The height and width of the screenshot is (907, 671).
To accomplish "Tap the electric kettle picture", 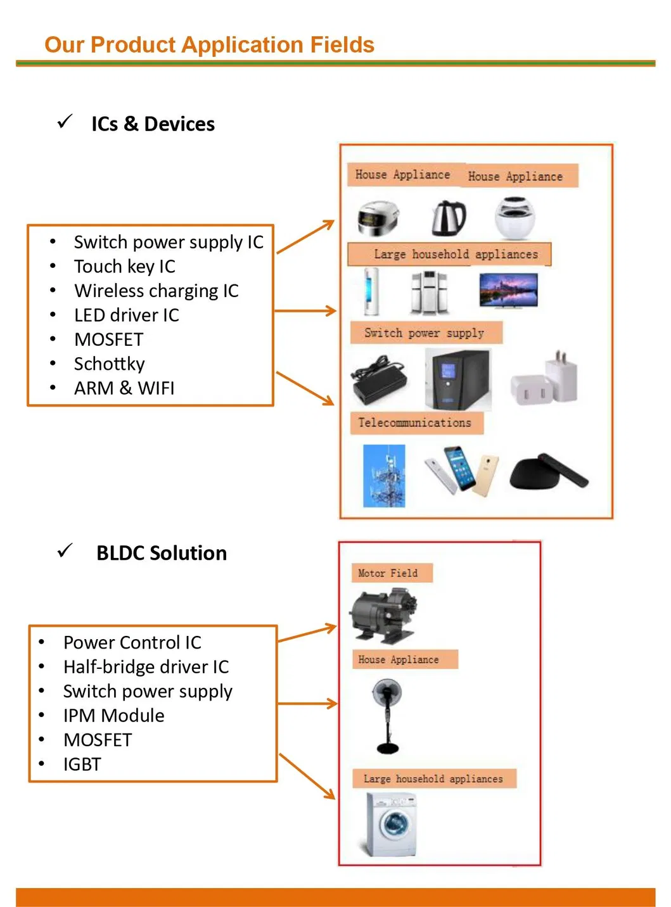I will pyautogui.click(x=449, y=217).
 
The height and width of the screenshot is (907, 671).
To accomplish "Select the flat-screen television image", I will pyautogui.click(x=508, y=290).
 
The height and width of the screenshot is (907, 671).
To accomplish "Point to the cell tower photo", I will pyautogui.click(x=384, y=476).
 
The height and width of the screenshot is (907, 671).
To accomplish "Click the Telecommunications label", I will pyautogui.click(x=416, y=422).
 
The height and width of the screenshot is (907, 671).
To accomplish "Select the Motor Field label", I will pyautogui.click(x=388, y=573).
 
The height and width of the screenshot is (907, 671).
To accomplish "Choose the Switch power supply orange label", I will pyautogui.click(x=425, y=333).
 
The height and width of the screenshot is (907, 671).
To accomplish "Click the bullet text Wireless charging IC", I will pyautogui.click(x=156, y=291).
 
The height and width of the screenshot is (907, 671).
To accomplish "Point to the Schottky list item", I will pyautogui.click(x=110, y=364).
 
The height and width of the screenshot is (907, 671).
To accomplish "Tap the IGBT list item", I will pyautogui.click(x=82, y=764).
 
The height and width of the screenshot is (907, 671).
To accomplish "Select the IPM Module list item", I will pyautogui.click(x=114, y=716).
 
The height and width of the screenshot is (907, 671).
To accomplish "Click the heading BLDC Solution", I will pyautogui.click(x=162, y=553).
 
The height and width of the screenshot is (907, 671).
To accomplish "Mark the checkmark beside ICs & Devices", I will pyautogui.click(x=65, y=122).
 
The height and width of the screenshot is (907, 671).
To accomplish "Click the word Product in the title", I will pyautogui.click(x=133, y=45).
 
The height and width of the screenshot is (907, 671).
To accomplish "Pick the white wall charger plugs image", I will pyautogui.click(x=545, y=380).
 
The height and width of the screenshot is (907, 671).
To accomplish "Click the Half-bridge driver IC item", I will pyautogui.click(x=146, y=667).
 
